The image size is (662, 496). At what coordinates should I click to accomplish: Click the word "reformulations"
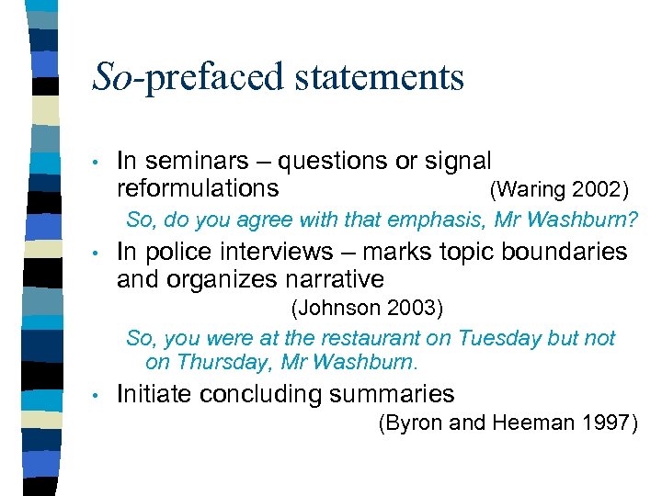pyautogui.click(x=198, y=188)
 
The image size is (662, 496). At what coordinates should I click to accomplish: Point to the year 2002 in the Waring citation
pyautogui.click(x=599, y=190)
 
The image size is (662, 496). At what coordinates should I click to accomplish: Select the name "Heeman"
pyautogui.click(x=522, y=423)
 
